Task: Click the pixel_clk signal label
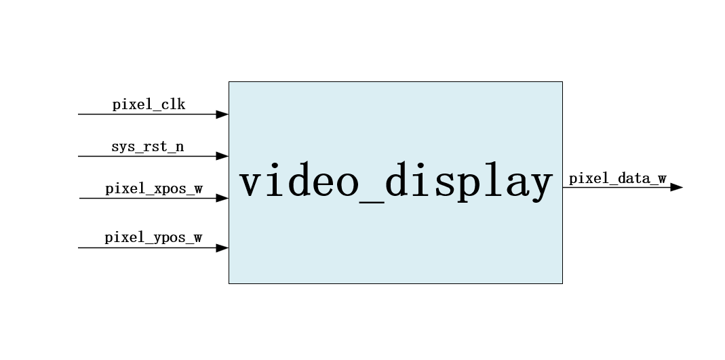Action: (x=149, y=104)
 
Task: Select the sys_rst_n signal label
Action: (x=147, y=146)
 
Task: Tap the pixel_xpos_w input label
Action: (x=153, y=188)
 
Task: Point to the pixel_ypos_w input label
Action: (x=153, y=238)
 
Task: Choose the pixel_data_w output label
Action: (x=617, y=179)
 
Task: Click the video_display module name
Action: (x=396, y=182)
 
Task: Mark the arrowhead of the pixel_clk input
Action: (x=222, y=114)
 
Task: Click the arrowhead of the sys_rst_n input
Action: (x=222, y=156)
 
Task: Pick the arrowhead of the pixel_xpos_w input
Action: (x=222, y=199)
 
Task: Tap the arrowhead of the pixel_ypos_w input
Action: (x=222, y=248)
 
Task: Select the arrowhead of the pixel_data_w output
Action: (x=676, y=187)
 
